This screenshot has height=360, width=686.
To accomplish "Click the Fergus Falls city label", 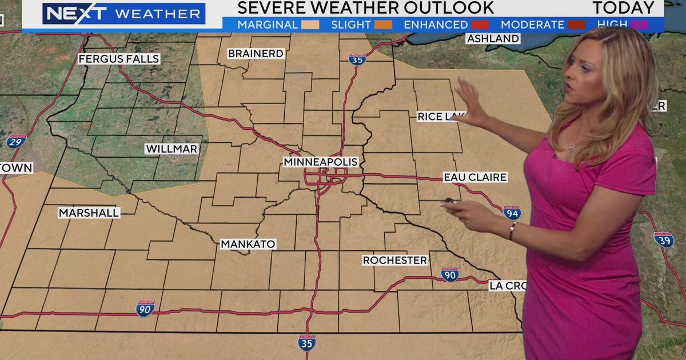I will [x=119, y=59].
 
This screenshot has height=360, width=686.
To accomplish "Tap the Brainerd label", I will [x=256, y=54].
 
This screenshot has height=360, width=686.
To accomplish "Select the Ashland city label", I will [x=493, y=39].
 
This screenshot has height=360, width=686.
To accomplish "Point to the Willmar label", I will [x=171, y=149].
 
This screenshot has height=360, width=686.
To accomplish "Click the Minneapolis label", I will [x=320, y=162].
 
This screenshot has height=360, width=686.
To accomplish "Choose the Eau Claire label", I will [x=475, y=178].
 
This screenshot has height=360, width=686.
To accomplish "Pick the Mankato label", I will [x=248, y=245].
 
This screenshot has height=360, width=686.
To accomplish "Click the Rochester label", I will [x=395, y=261].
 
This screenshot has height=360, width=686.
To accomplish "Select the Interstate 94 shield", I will [x=512, y=213].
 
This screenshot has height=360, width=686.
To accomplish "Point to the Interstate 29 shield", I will [x=16, y=141].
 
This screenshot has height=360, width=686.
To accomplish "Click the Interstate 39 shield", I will [x=664, y=239].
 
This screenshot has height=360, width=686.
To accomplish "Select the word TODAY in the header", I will [x=623, y=8].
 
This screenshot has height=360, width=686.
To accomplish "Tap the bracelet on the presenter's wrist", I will [x=513, y=231].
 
